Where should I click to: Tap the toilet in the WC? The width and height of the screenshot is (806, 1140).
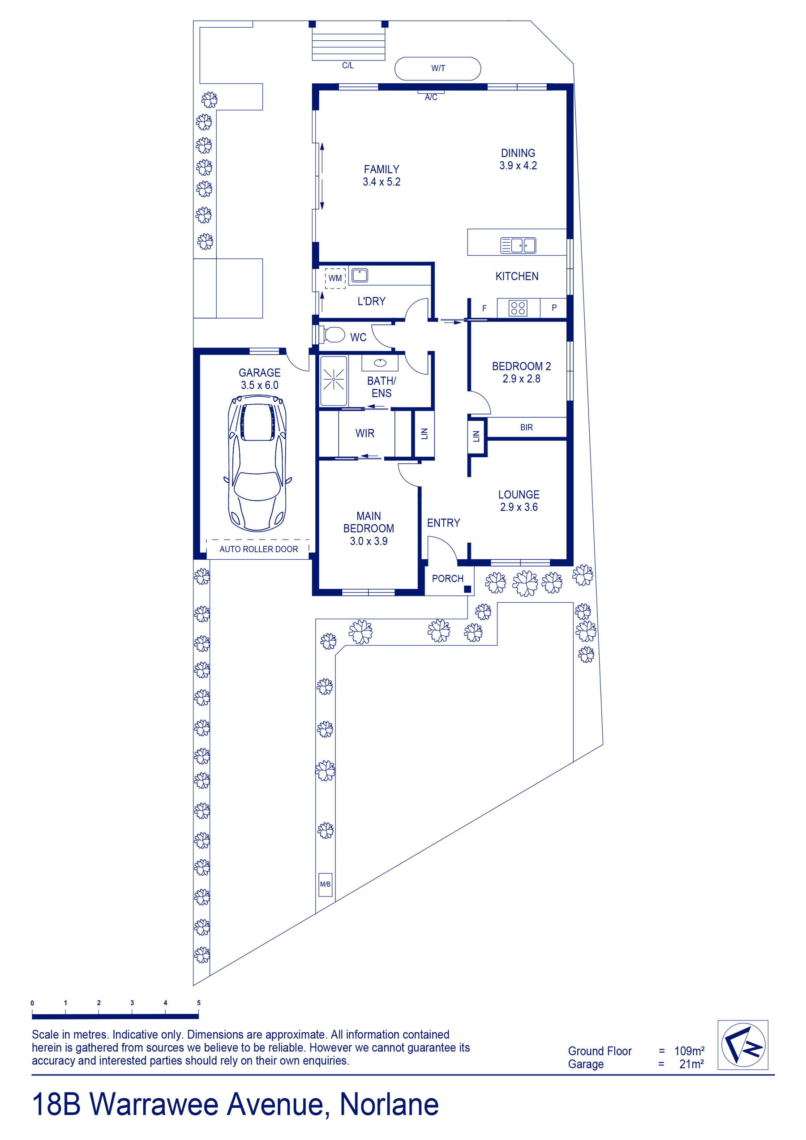(x=332, y=334)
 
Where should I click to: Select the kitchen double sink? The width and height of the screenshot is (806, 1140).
(x=518, y=245)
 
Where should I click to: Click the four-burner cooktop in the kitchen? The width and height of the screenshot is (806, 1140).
(x=518, y=309)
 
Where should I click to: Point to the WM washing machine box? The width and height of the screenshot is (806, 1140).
(x=335, y=278)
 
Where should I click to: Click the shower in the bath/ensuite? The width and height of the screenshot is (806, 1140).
(x=334, y=380)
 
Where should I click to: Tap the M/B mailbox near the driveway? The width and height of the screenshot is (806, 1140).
(x=325, y=884)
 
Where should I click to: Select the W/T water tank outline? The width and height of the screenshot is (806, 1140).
(x=437, y=69)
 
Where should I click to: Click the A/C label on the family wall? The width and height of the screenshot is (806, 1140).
(x=431, y=97)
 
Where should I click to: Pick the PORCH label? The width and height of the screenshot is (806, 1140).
(x=447, y=579)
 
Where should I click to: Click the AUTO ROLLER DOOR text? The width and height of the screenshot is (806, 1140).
(x=259, y=549)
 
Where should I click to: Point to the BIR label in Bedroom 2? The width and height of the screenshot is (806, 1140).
(x=527, y=427)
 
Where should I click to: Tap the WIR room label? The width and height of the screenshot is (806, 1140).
(x=365, y=433)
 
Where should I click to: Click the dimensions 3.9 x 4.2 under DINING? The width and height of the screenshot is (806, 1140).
(x=518, y=166)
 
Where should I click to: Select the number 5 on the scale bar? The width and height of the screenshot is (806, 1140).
(x=199, y=1003)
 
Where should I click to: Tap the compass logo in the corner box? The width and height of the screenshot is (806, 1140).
(x=743, y=1045)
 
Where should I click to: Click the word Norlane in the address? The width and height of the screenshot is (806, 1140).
(x=389, y=1105)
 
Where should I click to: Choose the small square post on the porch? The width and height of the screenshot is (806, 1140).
(x=467, y=589)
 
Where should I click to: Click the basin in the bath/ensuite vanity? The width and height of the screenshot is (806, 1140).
(x=380, y=363)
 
